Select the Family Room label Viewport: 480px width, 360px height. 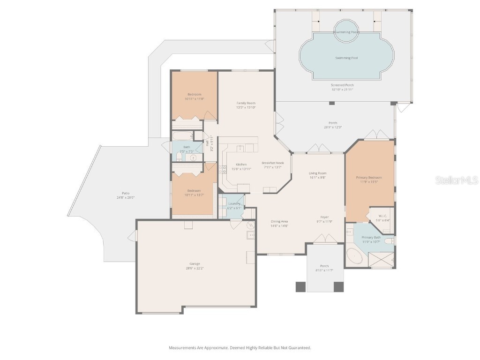click(246, 103)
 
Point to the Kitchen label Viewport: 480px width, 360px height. click(241, 165)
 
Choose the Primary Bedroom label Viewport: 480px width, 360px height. click(369, 178)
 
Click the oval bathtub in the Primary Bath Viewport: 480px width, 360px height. click(355, 257)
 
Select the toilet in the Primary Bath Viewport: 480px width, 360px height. click(390, 241)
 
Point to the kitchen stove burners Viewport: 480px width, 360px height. click(222, 170)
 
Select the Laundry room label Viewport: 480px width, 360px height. click(234, 203)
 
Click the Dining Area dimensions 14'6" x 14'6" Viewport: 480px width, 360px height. click(279, 225)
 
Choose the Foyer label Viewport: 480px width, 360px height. click(324, 217)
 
